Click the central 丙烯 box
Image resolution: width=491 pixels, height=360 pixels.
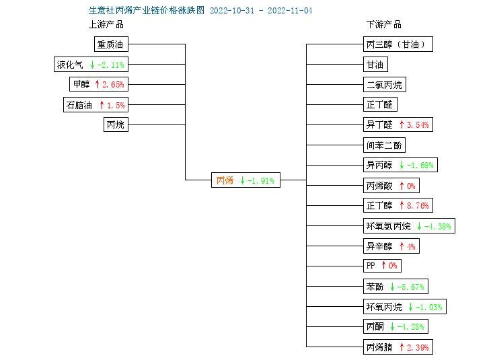click(x=245, y=180)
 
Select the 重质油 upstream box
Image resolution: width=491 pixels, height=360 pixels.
click(x=111, y=44)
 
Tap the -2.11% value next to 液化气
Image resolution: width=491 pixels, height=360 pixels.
click(x=111, y=65)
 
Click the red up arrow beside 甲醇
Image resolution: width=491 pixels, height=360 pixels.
click(x=97, y=84)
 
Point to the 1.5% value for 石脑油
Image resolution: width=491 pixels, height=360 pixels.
click(x=116, y=105)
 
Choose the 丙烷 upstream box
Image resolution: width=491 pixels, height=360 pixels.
click(x=116, y=124)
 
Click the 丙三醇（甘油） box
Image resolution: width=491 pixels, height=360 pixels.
click(x=398, y=44)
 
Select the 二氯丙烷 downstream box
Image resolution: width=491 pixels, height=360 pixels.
click(x=385, y=85)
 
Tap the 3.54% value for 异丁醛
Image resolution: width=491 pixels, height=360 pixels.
click(x=418, y=125)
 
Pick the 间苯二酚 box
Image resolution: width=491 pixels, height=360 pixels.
click(x=384, y=145)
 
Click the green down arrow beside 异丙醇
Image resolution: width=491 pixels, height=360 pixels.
click(x=402, y=165)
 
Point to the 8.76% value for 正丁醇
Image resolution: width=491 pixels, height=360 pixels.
click(x=418, y=205)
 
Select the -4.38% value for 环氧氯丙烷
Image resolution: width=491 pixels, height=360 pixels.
click(x=438, y=226)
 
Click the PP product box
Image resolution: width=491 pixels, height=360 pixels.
click(x=382, y=266)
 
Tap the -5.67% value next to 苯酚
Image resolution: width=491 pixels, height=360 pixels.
click(x=411, y=287)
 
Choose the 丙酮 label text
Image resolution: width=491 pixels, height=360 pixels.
click(x=375, y=327)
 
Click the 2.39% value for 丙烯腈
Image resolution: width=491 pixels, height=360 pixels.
click(x=418, y=347)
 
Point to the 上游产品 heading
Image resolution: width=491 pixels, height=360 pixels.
click(x=106, y=24)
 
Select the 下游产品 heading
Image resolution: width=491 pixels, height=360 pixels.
click(x=383, y=24)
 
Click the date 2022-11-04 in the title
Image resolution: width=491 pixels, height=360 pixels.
click(x=290, y=11)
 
